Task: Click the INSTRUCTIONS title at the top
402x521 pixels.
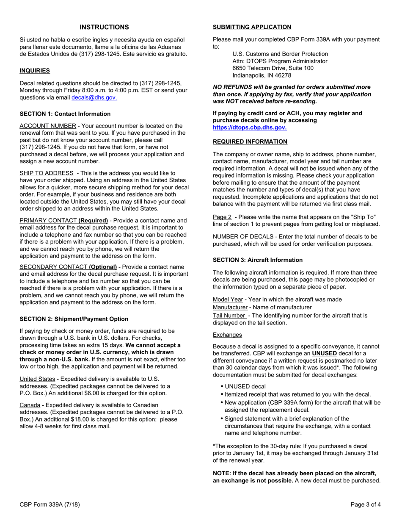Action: tap(104, 27)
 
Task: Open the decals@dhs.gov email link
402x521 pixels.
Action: tap(94, 97)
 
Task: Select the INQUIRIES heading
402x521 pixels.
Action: tap(35, 71)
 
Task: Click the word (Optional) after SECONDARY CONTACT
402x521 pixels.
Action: tap(102, 267)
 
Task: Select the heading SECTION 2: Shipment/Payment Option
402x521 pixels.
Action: tap(74, 319)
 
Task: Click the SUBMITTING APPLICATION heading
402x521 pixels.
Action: tap(252, 27)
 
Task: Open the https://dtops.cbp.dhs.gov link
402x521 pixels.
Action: tap(249, 127)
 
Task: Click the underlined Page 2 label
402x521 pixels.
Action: tap(222, 217)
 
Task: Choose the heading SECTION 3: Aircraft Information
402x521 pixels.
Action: tap(257, 260)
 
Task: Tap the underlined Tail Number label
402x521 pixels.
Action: tap(229, 316)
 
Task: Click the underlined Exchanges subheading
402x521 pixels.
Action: tap(227, 335)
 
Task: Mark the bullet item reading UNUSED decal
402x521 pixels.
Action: tap(245, 386)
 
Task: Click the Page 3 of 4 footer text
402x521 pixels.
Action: tap(366, 504)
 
